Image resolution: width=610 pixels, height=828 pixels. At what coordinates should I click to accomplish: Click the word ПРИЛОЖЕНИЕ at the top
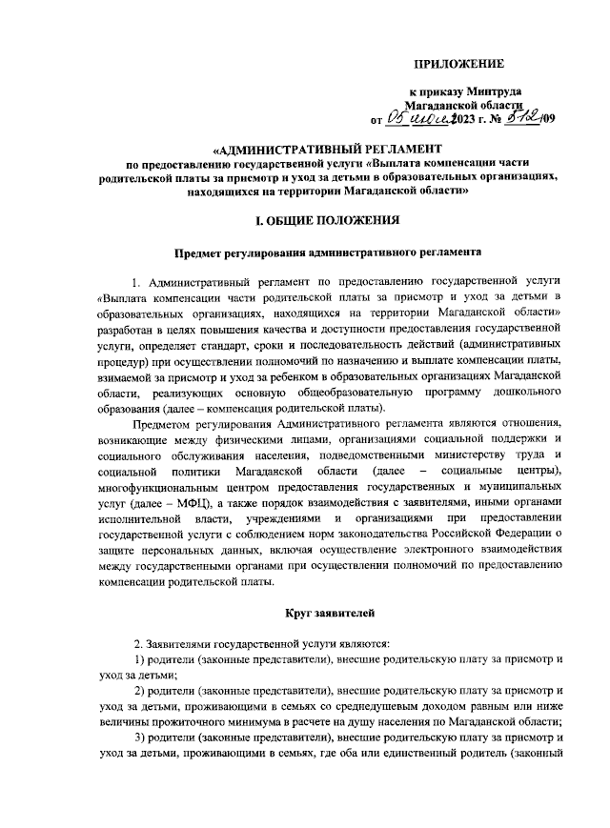[x=457, y=64]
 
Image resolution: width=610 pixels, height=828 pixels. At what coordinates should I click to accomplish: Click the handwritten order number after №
[x=514, y=117]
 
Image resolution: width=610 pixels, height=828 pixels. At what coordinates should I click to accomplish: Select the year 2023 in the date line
[x=463, y=119]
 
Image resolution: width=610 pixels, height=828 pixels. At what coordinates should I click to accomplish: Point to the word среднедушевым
[x=375, y=706]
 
